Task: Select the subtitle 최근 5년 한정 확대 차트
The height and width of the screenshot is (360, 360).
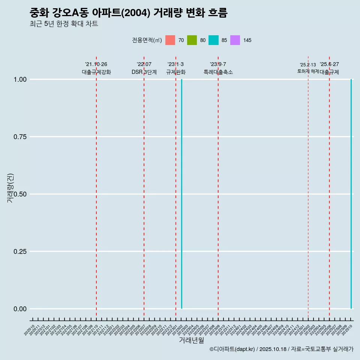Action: [64, 24]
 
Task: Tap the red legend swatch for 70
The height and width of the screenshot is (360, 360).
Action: [170, 40]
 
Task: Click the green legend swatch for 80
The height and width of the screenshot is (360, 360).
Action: [192, 40]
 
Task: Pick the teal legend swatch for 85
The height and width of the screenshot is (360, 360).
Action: [213, 40]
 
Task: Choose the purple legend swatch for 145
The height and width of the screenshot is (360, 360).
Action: [235, 40]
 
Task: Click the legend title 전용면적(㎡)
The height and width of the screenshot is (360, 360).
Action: [147, 40]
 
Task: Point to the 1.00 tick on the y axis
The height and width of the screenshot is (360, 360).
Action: [19, 79]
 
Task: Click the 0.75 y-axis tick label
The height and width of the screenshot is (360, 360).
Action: [19, 137]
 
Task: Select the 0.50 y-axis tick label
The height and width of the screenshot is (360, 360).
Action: [19, 194]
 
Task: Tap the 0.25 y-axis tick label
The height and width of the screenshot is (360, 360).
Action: [19, 252]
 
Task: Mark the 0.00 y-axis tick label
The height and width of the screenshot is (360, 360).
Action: [19, 309]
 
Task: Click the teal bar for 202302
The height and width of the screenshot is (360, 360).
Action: [182, 194]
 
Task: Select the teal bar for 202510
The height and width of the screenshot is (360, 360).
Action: [351, 194]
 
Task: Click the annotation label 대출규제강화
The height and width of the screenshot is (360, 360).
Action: [96, 72]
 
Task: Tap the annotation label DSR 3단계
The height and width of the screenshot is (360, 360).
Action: [144, 72]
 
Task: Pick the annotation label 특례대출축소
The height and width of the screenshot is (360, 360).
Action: [218, 72]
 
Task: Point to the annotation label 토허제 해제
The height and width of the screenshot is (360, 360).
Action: [308, 71]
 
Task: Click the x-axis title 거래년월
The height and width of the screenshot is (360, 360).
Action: [192, 340]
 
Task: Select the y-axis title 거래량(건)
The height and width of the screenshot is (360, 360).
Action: [10, 188]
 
